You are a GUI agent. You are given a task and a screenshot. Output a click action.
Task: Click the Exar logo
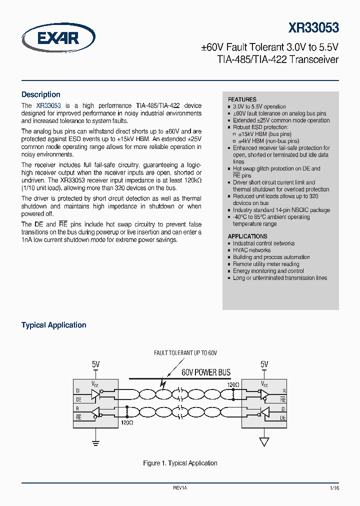58,38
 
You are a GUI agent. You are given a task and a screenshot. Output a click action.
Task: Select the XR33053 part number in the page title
313,27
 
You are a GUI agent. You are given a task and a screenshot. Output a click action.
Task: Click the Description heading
40,94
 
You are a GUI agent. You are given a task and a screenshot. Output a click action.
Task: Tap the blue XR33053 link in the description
48,105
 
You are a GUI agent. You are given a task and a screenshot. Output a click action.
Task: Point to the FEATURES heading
242,99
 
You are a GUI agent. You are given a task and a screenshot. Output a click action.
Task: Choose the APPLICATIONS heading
247,236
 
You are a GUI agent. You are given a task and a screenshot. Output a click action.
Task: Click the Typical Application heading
53,325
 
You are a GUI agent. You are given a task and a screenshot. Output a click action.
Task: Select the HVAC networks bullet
251,250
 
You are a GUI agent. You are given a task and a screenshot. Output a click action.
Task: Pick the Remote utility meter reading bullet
266,264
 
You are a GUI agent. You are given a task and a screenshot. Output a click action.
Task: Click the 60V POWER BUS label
206,372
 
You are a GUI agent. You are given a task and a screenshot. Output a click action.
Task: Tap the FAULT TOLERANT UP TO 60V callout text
185,353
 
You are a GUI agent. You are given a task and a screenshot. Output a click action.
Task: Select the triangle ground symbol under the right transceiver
264,442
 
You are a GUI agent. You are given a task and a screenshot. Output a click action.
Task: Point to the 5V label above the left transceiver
96,364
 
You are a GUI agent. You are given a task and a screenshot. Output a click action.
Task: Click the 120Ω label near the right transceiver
232,385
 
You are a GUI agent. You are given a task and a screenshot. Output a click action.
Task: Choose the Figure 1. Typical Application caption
180,463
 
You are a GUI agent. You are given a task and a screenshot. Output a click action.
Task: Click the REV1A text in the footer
180,487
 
